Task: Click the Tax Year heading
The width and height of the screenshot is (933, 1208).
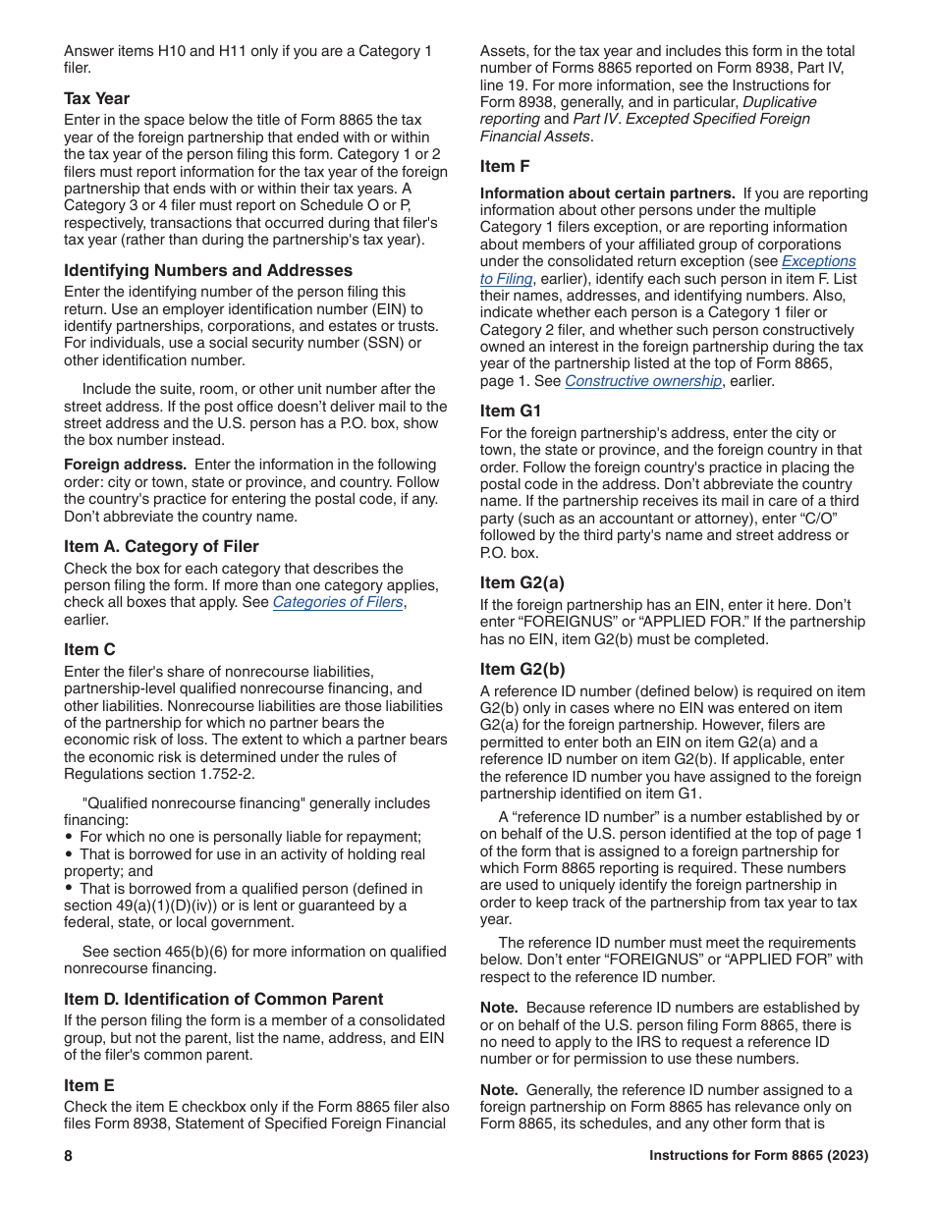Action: (96, 98)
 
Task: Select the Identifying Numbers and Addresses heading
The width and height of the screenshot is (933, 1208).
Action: (208, 270)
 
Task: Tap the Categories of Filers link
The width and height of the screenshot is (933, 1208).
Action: (338, 602)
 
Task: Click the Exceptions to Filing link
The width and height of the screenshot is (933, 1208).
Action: (818, 261)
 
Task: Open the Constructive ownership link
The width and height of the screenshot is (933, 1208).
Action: (642, 381)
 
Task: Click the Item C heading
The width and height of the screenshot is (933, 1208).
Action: (89, 649)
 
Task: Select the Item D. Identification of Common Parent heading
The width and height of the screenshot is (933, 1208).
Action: (224, 999)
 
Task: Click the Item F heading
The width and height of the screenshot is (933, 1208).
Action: (505, 166)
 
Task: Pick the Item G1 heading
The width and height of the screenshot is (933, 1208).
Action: (511, 411)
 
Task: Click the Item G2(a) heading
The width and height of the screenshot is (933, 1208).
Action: (522, 582)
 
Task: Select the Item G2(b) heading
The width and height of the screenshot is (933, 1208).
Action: (522, 669)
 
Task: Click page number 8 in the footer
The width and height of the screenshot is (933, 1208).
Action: (69, 1156)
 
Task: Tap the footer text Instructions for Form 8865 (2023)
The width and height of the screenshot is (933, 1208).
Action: (758, 1156)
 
